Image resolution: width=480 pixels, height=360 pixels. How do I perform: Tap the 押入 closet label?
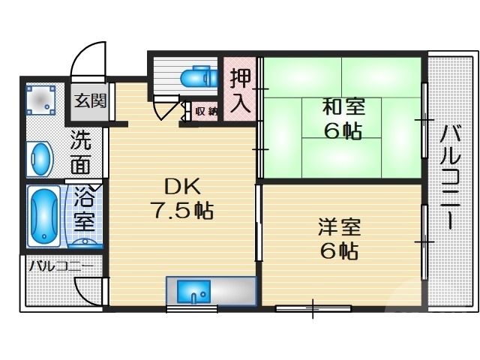tap(240, 90)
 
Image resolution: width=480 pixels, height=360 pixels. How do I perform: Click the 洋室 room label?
tap(340, 226)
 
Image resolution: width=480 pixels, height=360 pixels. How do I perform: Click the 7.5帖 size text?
tap(183, 211)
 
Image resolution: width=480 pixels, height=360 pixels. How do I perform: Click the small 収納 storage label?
tap(206, 112)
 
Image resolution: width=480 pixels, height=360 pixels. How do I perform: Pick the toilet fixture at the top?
tap(198, 77)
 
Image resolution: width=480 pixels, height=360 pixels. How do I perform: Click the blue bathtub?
tap(43, 217)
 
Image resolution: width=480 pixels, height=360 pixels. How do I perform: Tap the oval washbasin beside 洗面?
tap(40, 160)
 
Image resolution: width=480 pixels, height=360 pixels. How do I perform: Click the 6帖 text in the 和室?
tap(342, 130)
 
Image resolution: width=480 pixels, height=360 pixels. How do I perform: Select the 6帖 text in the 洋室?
tap(340, 250)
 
